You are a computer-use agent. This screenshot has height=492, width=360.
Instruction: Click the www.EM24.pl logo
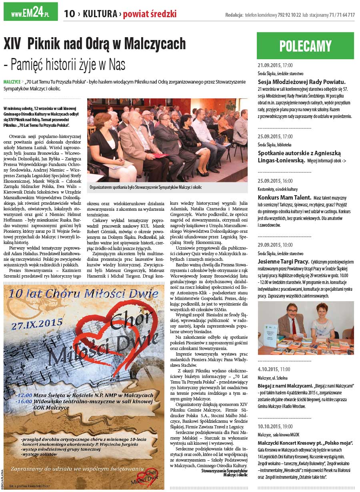point(30,13)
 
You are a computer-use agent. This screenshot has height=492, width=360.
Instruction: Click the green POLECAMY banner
point(305,46)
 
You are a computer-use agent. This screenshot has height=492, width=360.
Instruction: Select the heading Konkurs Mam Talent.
point(284,197)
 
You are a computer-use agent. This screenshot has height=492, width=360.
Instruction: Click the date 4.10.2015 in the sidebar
point(268,369)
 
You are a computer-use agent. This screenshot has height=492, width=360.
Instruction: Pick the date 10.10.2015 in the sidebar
point(269,426)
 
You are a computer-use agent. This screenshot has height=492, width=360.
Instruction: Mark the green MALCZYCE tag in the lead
point(12,82)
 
